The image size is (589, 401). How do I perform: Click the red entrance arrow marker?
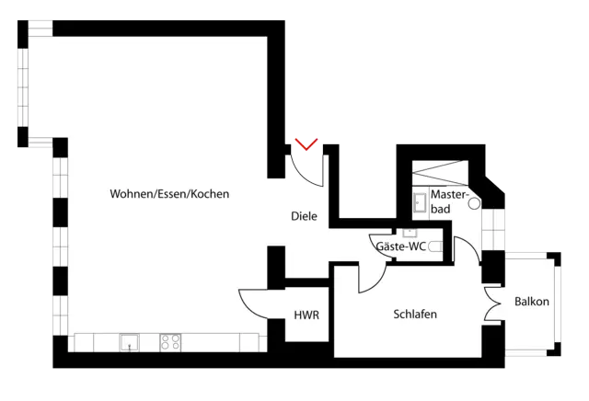pyautogui.click(x=306, y=143)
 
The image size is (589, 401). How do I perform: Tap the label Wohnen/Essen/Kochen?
pyautogui.click(x=169, y=194)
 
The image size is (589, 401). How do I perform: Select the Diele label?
pyautogui.click(x=304, y=217)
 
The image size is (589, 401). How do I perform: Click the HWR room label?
pyautogui.click(x=306, y=315)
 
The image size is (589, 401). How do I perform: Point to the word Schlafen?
pyautogui.click(x=415, y=315)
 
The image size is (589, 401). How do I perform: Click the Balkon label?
pyautogui.click(x=532, y=302)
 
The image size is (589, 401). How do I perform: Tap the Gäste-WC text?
pyautogui.click(x=400, y=246)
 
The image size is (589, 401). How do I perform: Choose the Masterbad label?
pyautogui.click(x=449, y=203)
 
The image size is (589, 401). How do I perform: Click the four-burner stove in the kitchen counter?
pyautogui.click(x=170, y=341)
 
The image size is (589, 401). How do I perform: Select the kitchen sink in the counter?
pyautogui.click(x=128, y=341)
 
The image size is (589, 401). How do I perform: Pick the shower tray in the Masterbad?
pyautogui.click(x=440, y=173)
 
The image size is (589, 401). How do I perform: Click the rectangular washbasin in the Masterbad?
pyautogui.click(x=419, y=200)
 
